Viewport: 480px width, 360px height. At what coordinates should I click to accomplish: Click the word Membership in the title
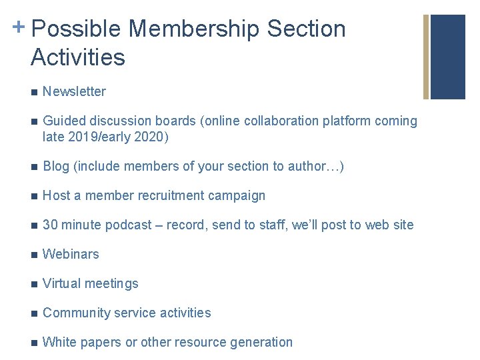(x=194, y=29)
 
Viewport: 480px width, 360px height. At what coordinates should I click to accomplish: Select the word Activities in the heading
(x=77, y=57)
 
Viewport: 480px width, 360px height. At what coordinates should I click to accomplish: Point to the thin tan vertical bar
(x=426, y=57)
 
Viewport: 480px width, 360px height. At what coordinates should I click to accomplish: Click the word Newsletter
(x=74, y=91)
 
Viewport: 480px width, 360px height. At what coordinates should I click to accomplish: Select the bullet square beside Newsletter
(x=34, y=92)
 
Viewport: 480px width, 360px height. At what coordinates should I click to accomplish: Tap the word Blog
(x=56, y=166)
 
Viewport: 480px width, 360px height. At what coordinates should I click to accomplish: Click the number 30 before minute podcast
(x=50, y=225)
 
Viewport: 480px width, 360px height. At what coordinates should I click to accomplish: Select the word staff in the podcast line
(x=268, y=225)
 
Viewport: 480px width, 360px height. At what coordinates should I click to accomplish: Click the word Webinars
(x=71, y=254)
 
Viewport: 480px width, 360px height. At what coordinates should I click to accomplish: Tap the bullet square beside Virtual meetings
(x=34, y=284)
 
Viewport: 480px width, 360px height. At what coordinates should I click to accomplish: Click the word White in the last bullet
(x=59, y=342)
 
